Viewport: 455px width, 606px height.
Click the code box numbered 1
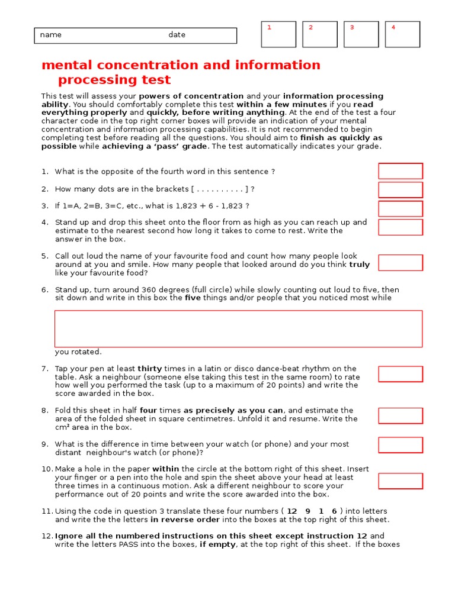click(x=278, y=34)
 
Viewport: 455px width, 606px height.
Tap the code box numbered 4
click(x=402, y=34)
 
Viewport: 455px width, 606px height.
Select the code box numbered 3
click(x=361, y=34)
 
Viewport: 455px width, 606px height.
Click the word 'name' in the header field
click(x=50, y=35)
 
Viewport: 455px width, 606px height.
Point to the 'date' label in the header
click(x=177, y=35)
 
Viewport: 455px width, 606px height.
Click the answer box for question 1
click(x=400, y=171)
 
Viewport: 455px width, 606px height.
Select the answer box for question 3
click(x=400, y=208)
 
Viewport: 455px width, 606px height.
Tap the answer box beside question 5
click(x=400, y=263)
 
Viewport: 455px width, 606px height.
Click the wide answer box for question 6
click(x=238, y=328)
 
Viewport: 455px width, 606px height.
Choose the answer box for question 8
click(x=400, y=415)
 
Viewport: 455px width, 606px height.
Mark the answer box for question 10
click(x=400, y=481)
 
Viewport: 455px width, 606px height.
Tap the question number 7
click(x=44, y=369)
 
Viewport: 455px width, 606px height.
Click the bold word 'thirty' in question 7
click(x=150, y=369)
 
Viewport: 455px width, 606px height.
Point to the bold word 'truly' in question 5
click(x=359, y=265)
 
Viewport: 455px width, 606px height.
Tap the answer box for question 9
click(x=400, y=445)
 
